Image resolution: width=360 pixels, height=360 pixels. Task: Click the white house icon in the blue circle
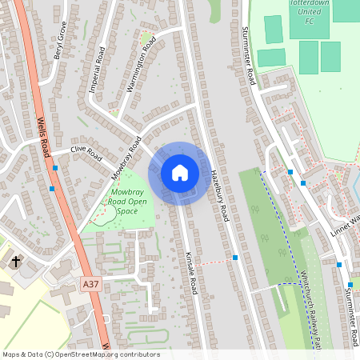pos(180,172)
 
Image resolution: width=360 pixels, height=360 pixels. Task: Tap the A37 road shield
pos(92,283)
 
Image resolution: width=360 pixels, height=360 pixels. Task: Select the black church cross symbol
pos(16,262)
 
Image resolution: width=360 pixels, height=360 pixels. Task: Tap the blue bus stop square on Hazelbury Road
pos(235,258)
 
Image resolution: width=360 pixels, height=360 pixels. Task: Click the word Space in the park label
pos(126,211)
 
